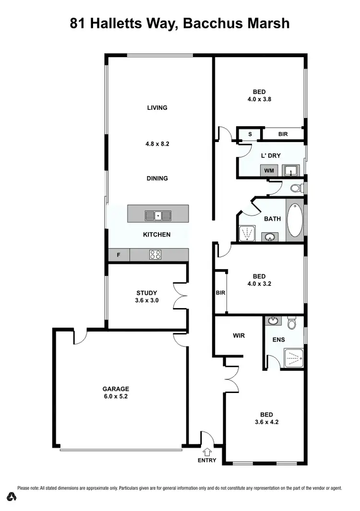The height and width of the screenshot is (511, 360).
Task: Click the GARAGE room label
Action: pyautogui.click(x=116, y=389)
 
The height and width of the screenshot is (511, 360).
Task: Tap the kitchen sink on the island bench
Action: pyautogui.click(x=157, y=215)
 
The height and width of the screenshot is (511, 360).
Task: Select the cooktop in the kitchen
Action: pyautogui.click(x=155, y=255)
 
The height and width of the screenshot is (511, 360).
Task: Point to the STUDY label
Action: pyautogui.click(x=146, y=293)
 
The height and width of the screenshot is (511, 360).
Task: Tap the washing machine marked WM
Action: pyautogui.click(x=269, y=170)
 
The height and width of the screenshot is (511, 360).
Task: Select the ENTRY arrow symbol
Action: pyautogui.click(x=207, y=451)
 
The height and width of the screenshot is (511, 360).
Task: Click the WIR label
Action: pyautogui.click(x=239, y=335)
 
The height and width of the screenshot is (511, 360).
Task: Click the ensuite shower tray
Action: pyautogui.click(x=293, y=357)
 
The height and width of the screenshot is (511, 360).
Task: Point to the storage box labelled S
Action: pyautogui.click(x=250, y=134)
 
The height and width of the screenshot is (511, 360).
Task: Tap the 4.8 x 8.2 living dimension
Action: pyautogui.click(x=157, y=143)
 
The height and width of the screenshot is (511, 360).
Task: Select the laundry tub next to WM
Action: pyautogui.click(x=290, y=170)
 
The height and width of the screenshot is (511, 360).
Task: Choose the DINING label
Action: pyautogui.click(x=157, y=178)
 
